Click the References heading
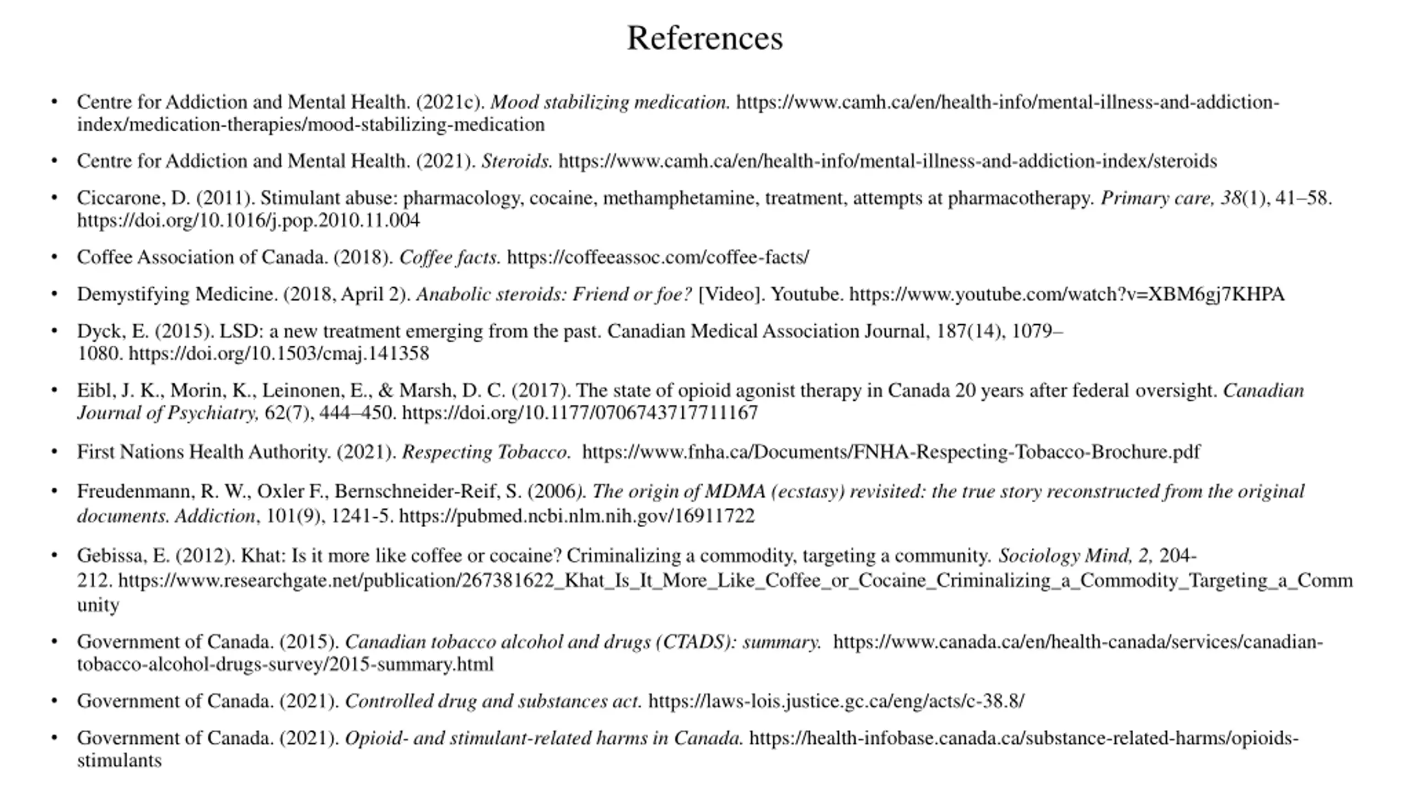click(x=704, y=39)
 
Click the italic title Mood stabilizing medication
click(x=610, y=103)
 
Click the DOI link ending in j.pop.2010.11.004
click(x=248, y=221)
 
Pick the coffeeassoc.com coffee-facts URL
click(x=658, y=257)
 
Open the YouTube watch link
click(x=1067, y=294)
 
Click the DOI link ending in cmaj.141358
click(x=278, y=353)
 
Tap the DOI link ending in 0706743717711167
click(x=580, y=413)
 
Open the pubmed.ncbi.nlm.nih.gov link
click(x=577, y=516)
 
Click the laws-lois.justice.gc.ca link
click(x=836, y=701)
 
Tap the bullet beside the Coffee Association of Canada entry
click(x=54, y=257)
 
